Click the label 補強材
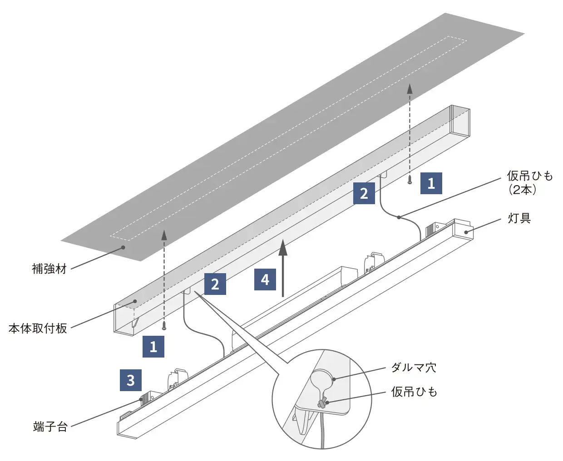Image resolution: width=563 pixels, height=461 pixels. (49, 269)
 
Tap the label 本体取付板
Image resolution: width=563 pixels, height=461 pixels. (38, 328)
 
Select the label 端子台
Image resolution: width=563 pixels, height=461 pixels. (50, 427)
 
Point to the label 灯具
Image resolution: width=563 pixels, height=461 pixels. (519, 218)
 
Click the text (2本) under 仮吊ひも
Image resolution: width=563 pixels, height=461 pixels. (522, 190)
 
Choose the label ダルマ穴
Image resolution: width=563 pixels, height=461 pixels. (414, 367)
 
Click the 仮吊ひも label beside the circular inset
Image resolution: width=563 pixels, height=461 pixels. (414, 392)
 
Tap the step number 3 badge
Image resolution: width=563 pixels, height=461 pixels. (131, 380)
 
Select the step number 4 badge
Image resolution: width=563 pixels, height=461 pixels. (265, 280)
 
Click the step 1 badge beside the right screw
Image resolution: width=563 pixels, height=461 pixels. (431, 183)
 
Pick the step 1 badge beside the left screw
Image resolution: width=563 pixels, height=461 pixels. (153, 347)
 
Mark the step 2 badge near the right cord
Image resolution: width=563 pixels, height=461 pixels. (364, 193)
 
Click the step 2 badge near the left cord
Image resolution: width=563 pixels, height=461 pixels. (215, 284)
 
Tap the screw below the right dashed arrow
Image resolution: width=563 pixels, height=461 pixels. (410, 180)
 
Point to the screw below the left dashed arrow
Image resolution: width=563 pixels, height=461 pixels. (164, 325)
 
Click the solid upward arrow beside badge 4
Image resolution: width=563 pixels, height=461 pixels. (283, 268)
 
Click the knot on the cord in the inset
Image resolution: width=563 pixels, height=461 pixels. (322, 402)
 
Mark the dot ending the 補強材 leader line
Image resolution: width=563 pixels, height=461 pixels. (122, 247)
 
